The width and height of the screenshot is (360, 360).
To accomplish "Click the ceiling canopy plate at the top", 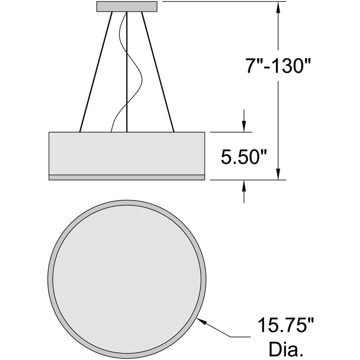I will (127, 6).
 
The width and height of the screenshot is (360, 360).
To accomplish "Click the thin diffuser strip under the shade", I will (126, 177).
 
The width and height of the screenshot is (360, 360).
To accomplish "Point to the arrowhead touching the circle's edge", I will (201, 320).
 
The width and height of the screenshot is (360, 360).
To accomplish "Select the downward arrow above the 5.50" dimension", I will (244, 121).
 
